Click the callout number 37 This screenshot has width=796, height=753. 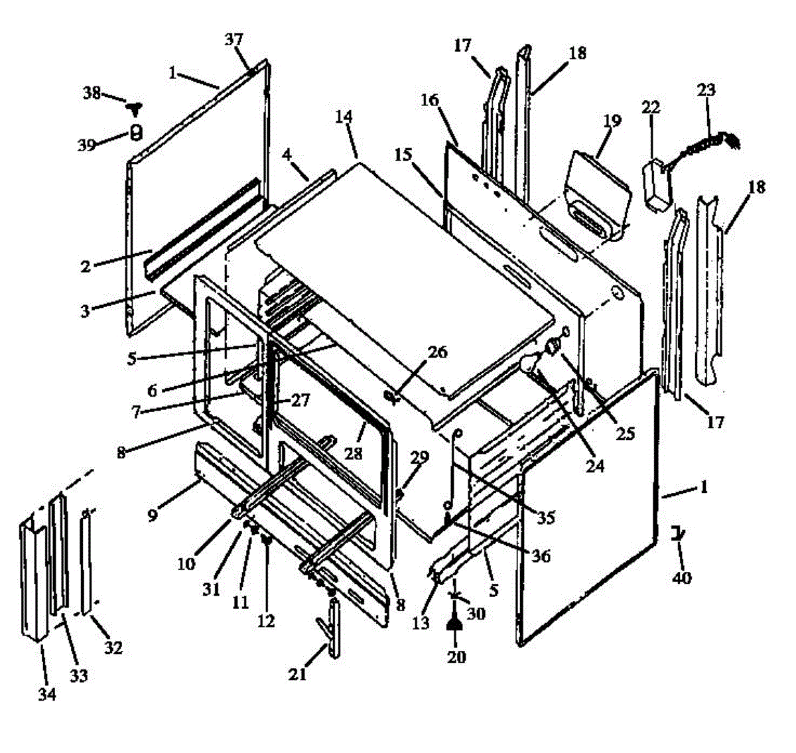click(x=233, y=40)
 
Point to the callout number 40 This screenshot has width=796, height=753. click(x=682, y=578)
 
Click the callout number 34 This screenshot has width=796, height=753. click(x=46, y=695)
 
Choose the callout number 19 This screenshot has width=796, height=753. click(x=612, y=121)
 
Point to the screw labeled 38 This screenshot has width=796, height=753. click(x=138, y=105)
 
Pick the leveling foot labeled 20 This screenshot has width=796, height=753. click(x=455, y=622)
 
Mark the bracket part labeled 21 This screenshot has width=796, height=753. click(x=332, y=627)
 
